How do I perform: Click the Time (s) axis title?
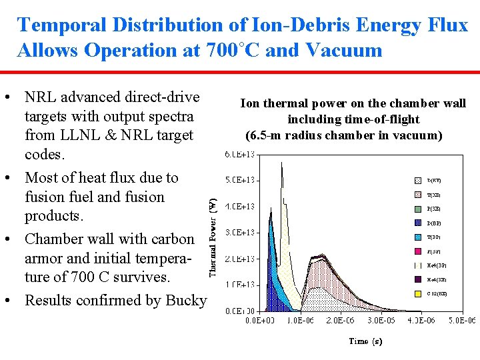(366, 341)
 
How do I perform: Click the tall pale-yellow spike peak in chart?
(283, 167)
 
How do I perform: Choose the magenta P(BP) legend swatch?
(417, 251)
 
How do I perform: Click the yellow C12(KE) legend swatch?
(417, 293)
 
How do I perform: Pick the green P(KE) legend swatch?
(417, 209)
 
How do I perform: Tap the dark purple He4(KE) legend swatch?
(417, 279)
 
